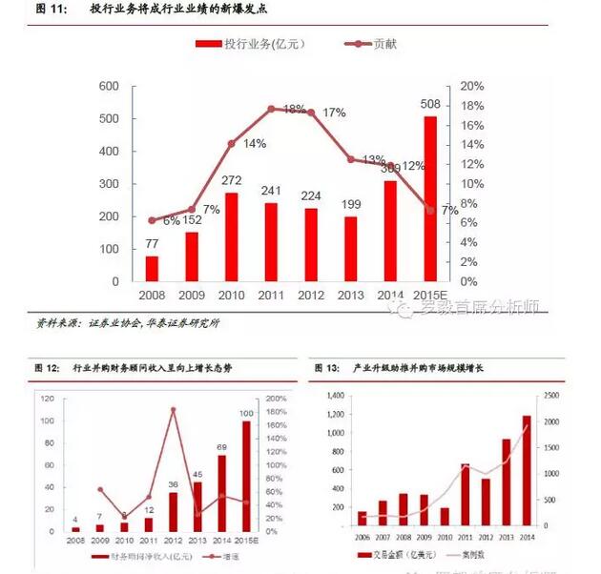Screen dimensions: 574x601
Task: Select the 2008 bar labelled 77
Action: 152,268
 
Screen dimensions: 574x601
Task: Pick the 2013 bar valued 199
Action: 350,249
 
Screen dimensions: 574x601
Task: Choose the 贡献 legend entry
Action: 377,44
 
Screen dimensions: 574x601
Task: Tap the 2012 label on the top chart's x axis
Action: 311,296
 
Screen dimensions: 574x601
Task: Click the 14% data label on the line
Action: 255,144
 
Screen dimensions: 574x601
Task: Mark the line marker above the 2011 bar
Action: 271,109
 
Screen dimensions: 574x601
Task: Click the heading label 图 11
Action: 48,9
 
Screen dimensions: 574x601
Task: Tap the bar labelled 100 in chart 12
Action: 246,476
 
